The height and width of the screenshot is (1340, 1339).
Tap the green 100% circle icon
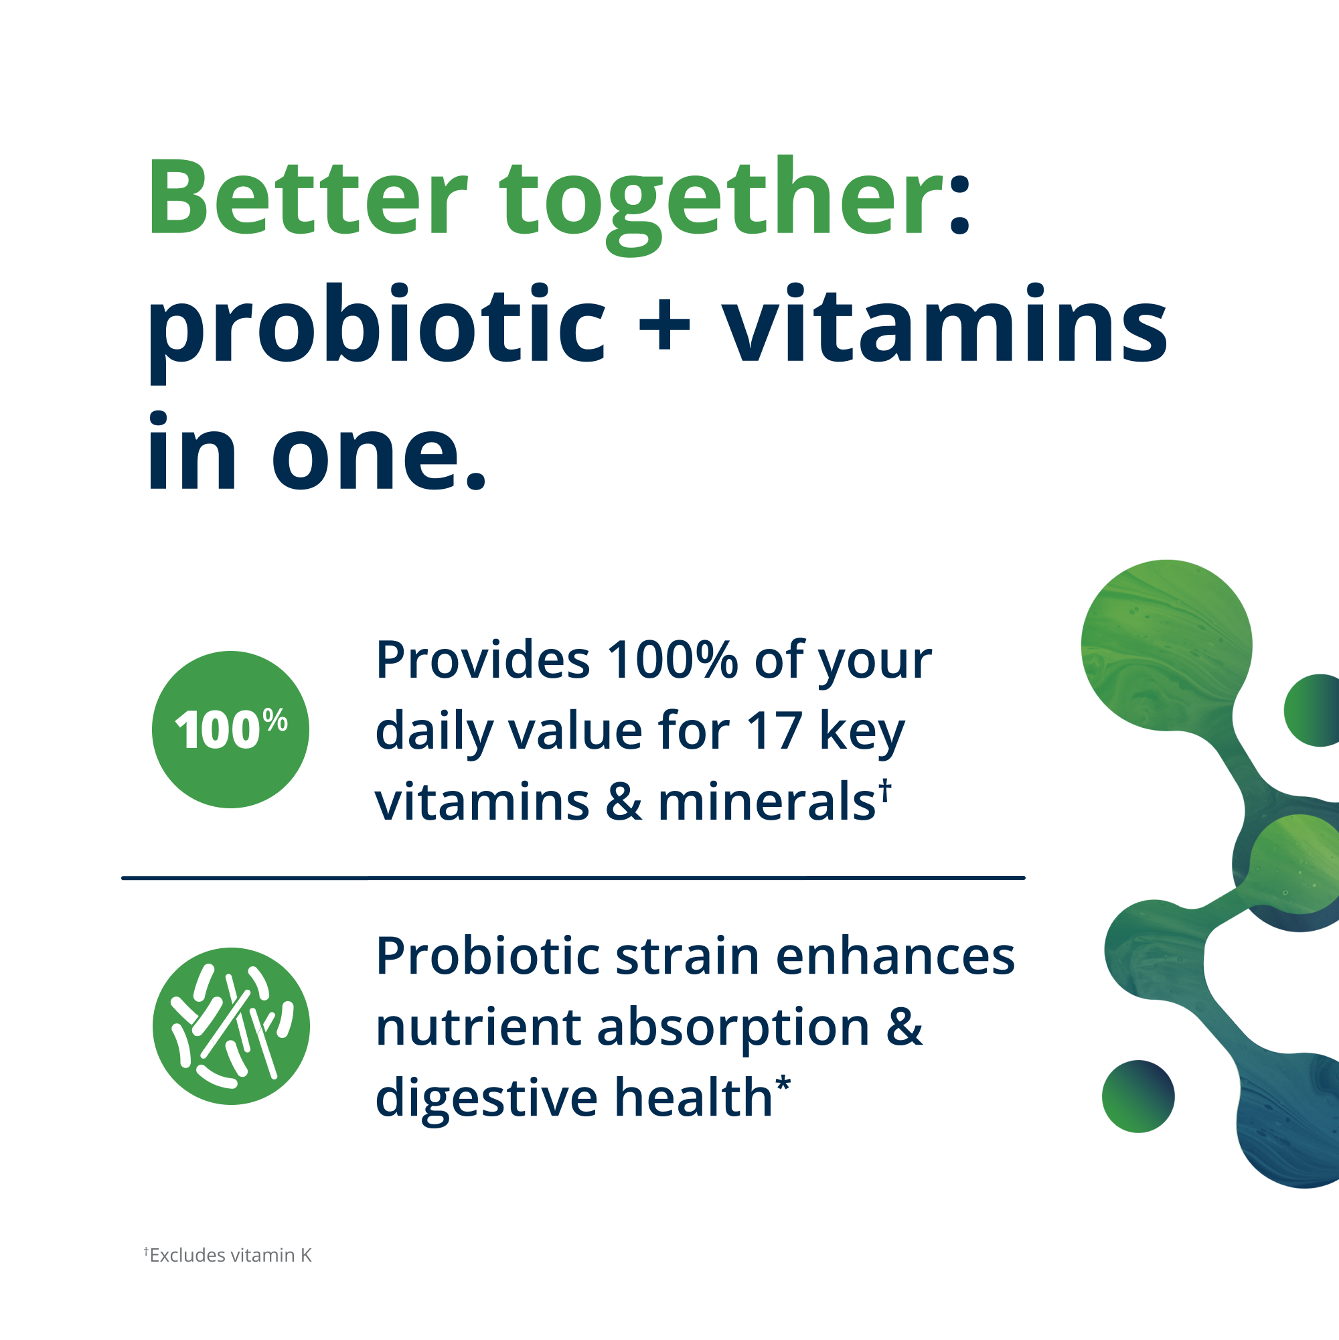(x=230, y=730)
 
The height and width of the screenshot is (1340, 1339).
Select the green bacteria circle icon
(x=231, y=1027)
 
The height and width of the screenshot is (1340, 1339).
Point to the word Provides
(x=483, y=660)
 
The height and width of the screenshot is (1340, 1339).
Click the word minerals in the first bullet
(x=766, y=802)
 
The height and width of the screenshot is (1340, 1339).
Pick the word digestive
(x=486, y=1098)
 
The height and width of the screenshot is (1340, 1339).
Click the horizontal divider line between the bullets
(x=573, y=878)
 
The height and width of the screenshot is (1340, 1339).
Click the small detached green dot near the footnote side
(x=1138, y=1096)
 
